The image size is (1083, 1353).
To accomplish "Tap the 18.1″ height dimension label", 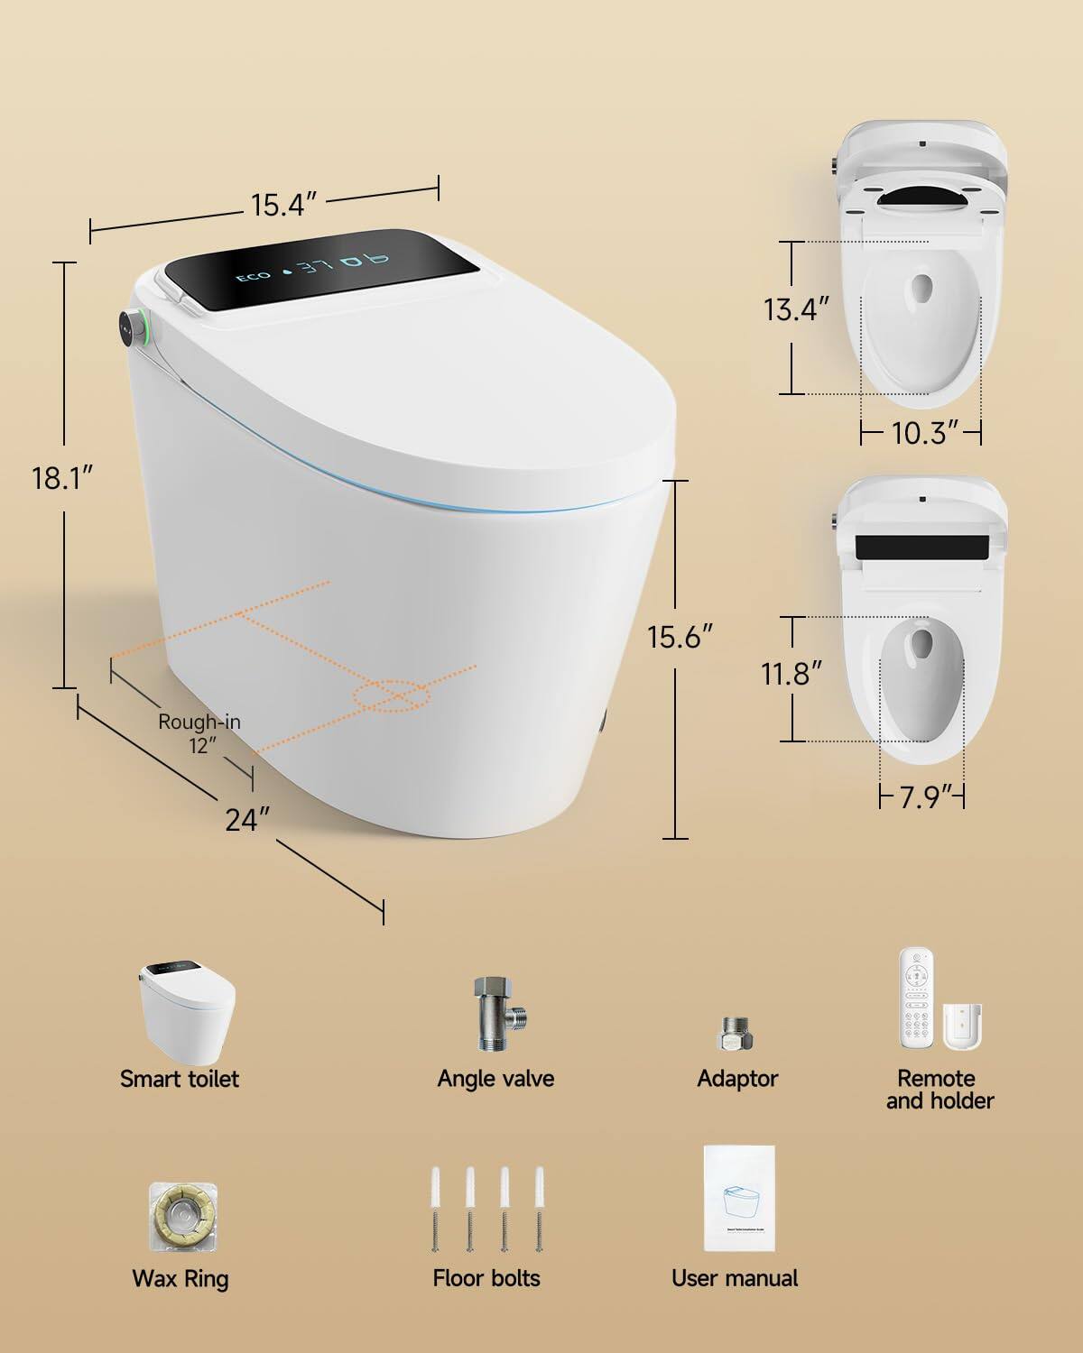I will pyautogui.click(x=63, y=477).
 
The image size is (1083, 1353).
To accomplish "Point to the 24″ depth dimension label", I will pyautogui.click(x=247, y=820).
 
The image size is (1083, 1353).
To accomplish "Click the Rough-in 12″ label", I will pyautogui.click(x=199, y=733).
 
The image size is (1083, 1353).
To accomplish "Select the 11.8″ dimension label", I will pyautogui.click(x=791, y=674).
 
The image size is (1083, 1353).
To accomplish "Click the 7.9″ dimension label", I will pyautogui.click(x=921, y=797).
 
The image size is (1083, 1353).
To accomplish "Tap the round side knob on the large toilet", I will pyautogui.click(x=132, y=327).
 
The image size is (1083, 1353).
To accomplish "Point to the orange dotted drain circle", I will pyautogui.click(x=392, y=695).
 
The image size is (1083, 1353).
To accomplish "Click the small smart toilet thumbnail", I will pyautogui.click(x=186, y=1012).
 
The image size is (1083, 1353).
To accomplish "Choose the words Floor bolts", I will pyautogui.click(x=486, y=1278).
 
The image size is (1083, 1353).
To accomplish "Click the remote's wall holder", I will pyautogui.click(x=963, y=1026).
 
